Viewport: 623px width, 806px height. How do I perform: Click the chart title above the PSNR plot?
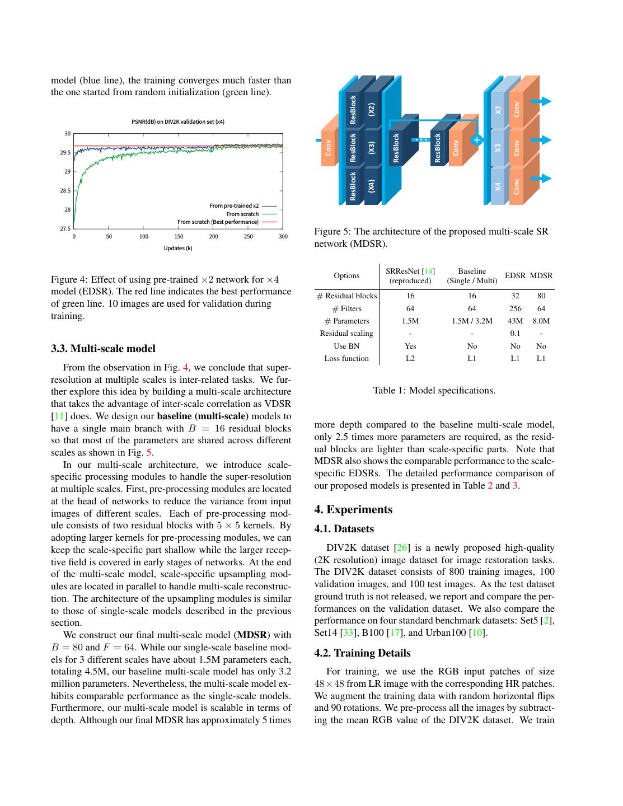(178, 121)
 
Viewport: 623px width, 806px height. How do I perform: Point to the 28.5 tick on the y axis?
(66, 191)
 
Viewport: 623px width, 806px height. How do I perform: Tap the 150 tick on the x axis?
(179, 237)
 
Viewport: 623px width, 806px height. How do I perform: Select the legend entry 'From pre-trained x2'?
(231, 206)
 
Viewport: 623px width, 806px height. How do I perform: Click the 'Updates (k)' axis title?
(178, 248)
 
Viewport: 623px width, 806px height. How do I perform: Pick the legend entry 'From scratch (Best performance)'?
(218, 222)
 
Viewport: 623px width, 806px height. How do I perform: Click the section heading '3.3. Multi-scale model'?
(103, 349)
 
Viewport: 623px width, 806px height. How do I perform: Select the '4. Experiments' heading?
(353, 509)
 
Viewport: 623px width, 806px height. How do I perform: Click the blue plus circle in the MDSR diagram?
(476, 140)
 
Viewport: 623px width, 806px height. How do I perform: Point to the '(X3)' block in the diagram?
(372, 148)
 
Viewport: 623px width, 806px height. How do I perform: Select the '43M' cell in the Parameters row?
(515, 321)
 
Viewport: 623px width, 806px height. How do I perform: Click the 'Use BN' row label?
(346, 346)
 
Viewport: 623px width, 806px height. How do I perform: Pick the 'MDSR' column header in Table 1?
(541, 275)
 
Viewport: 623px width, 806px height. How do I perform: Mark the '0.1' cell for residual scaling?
(515, 334)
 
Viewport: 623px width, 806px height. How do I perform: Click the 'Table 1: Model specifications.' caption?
(434, 391)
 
